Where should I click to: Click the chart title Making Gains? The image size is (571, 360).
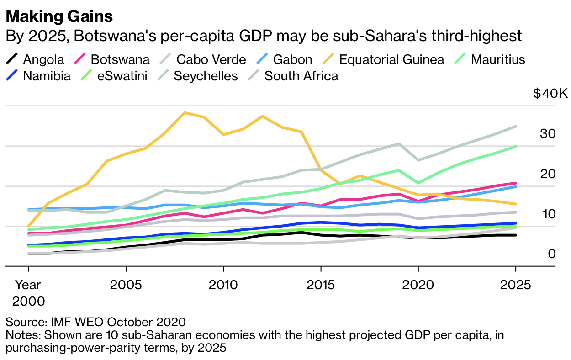59,17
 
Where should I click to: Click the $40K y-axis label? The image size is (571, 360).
550,94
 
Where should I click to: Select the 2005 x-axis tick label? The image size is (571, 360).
126,285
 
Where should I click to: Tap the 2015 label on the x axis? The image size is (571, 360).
321,285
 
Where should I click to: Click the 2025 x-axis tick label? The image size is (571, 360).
516,285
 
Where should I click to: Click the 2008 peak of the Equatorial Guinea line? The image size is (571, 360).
184,112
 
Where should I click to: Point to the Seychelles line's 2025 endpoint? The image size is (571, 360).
516,126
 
